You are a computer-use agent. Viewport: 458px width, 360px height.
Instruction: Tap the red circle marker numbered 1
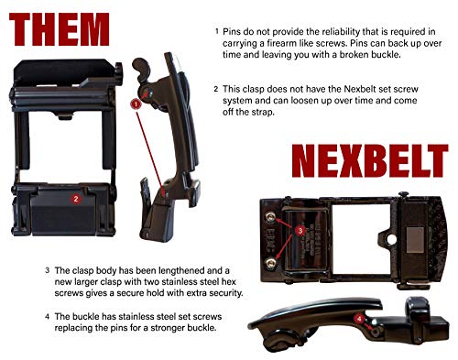click(135, 104)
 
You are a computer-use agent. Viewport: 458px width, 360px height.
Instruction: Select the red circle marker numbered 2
click(76, 196)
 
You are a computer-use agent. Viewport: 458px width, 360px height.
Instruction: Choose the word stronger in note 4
click(139, 329)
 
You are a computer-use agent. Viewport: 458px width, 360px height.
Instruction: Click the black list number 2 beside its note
click(216, 90)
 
